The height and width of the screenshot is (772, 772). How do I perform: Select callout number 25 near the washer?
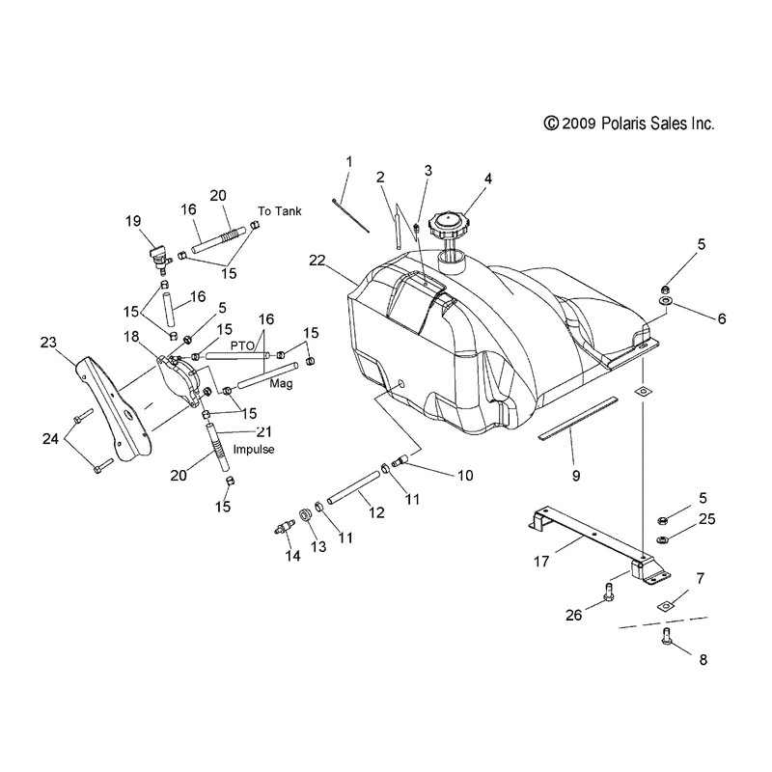pos(705,520)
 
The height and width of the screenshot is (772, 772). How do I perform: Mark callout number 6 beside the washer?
pos(721,317)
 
